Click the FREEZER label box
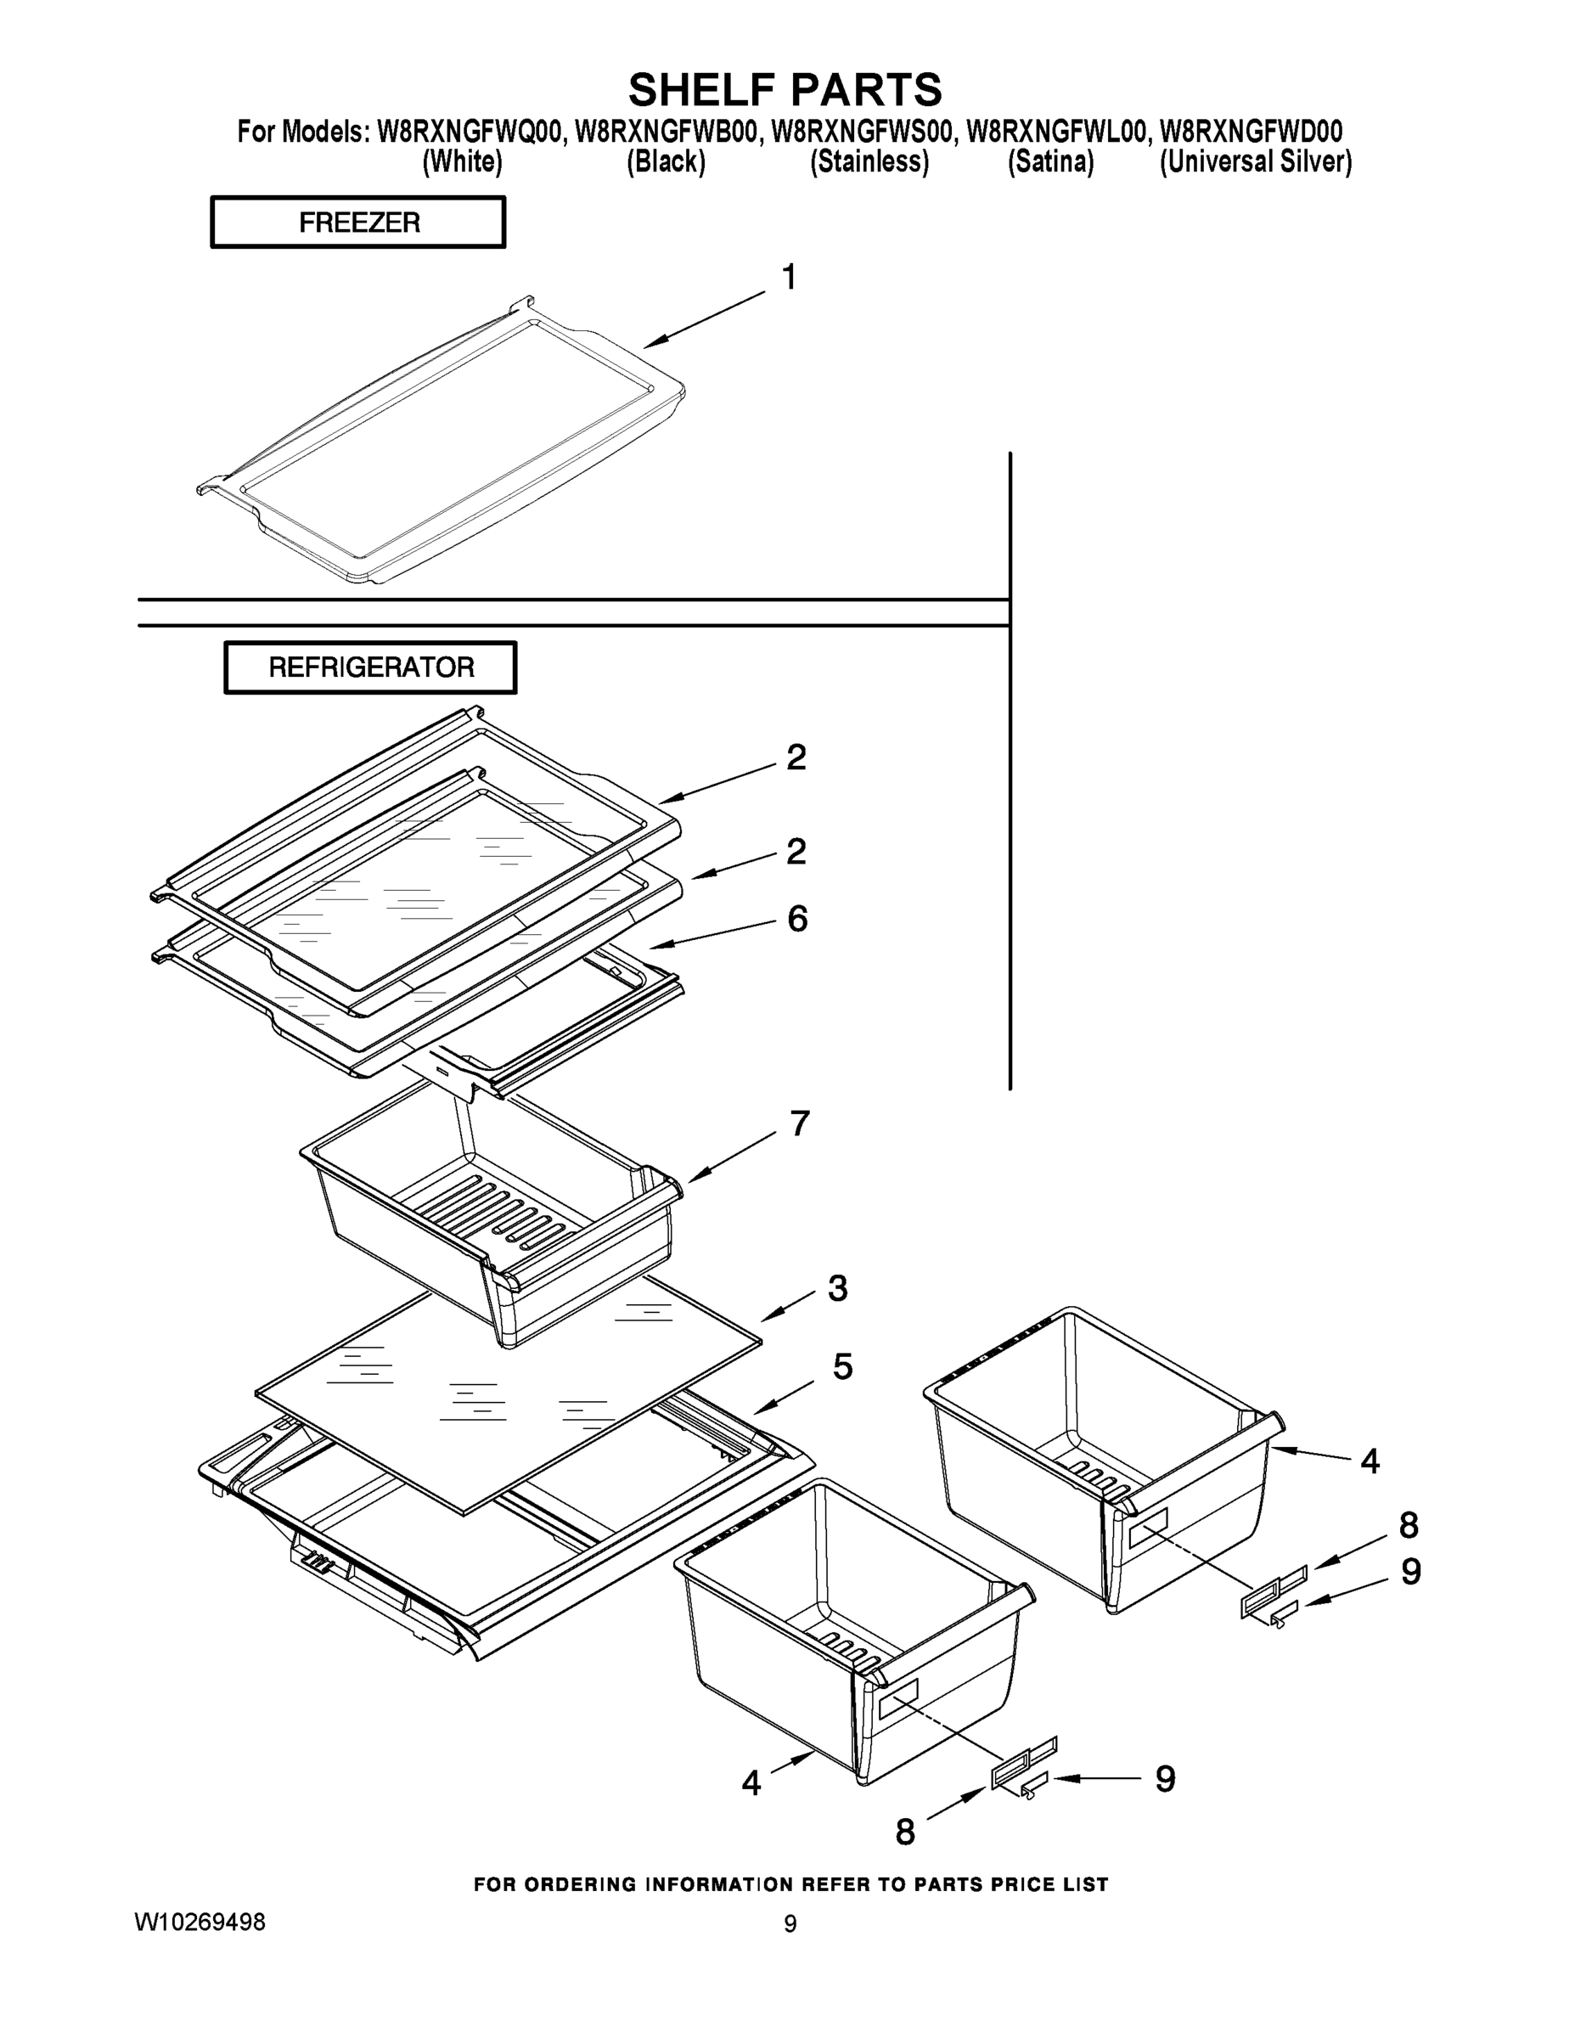pyautogui.click(x=358, y=222)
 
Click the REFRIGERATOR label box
pyautogui.click(x=370, y=667)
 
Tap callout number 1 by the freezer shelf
pyautogui.click(x=789, y=277)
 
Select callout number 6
pyautogui.click(x=796, y=918)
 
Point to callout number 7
pyautogui.click(x=800, y=1123)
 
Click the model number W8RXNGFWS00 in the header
pyautogui.click(x=863, y=132)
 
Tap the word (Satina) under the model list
pyautogui.click(x=1049, y=161)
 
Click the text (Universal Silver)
pyautogui.click(x=1255, y=161)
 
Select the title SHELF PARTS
pyautogui.click(x=785, y=89)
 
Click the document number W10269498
pyautogui.click(x=200, y=1923)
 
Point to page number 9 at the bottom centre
pyautogui.click(x=790, y=1924)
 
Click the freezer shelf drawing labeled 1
pyautogui.click(x=438, y=438)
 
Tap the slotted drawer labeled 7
pyautogui.click(x=485, y=1232)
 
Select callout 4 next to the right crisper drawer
pyautogui.click(x=1369, y=1461)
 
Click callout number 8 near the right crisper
pyautogui.click(x=1408, y=1525)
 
